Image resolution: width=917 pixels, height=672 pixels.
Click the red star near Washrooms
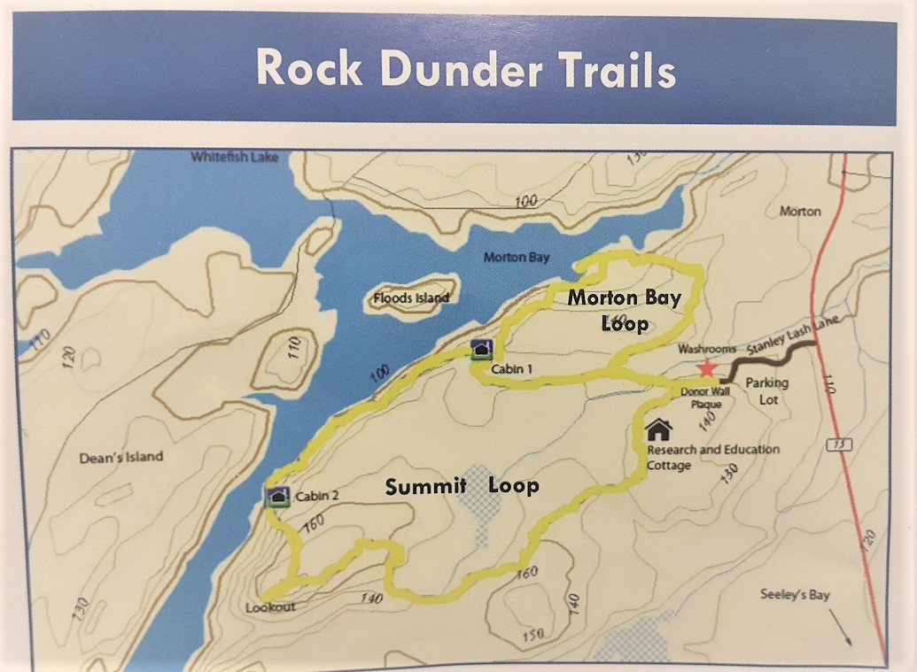(706, 368)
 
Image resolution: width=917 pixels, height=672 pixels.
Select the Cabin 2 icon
(278, 497)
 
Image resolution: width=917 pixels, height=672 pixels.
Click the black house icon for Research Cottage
(658, 429)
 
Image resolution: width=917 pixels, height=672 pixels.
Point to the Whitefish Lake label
(235, 158)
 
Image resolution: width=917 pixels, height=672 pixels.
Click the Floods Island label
(411, 297)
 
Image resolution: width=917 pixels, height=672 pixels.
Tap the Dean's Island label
(121, 457)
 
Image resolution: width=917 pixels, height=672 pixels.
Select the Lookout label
(271, 607)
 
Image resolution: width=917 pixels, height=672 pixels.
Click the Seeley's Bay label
(795, 595)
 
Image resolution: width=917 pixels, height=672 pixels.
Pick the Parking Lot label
(766, 390)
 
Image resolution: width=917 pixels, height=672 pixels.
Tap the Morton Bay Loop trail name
(625, 309)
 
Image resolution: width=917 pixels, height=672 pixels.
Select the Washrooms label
(707, 350)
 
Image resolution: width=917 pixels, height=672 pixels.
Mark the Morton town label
(800, 212)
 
